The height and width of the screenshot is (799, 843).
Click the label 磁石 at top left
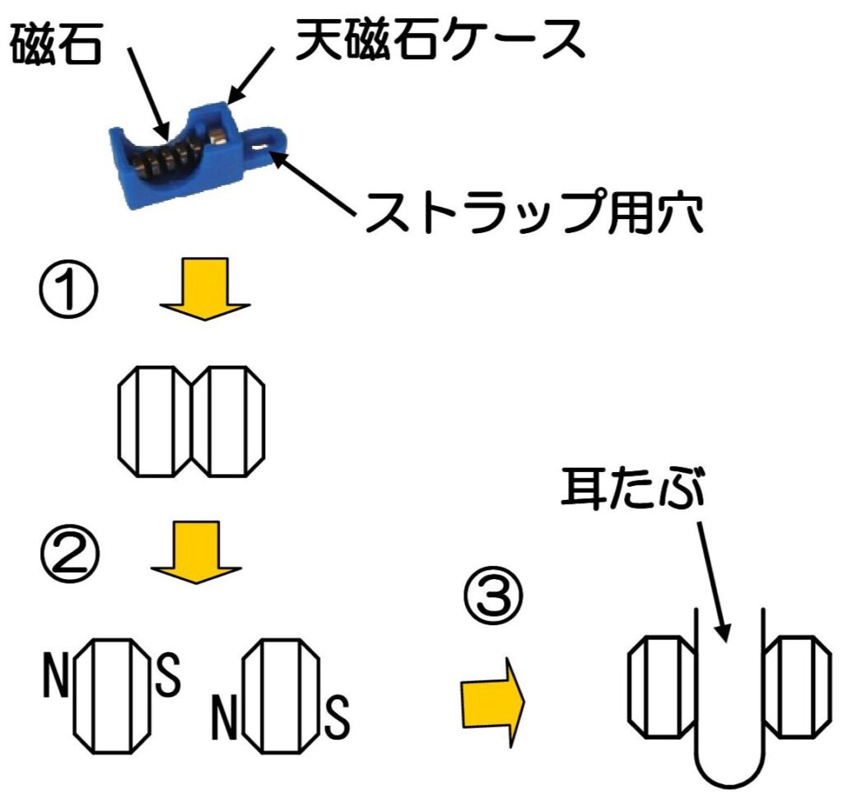click(x=56, y=44)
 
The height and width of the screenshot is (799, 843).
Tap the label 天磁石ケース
click(x=440, y=39)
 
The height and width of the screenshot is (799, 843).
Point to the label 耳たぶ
click(x=632, y=488)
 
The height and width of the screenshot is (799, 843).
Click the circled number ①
click(x=69, y=288)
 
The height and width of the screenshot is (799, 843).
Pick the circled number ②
click(x=70, y=553)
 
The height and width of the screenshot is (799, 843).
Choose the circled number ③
click(x=493, y=596)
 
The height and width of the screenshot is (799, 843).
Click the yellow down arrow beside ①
click(x=205, y=289)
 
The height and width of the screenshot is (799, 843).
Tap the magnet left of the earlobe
click(x=663, y=686)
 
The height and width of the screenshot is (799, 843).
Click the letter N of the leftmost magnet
click(x=56, y=675)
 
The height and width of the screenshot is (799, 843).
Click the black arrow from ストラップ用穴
click(x=314, y=184)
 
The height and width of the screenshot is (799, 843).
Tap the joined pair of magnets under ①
click(x=191, y=422)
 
